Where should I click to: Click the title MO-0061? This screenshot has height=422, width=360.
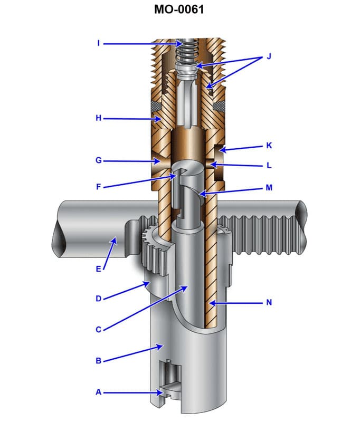179,9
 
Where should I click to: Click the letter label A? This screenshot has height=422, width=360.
99,392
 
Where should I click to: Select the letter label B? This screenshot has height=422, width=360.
99,361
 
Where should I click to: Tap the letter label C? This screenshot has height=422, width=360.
99,330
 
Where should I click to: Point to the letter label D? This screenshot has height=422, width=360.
99,299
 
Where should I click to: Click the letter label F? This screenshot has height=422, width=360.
99,186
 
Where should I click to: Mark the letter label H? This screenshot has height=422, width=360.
99,119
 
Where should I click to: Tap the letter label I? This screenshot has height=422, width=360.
99,43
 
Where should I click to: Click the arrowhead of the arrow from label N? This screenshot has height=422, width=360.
209,303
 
